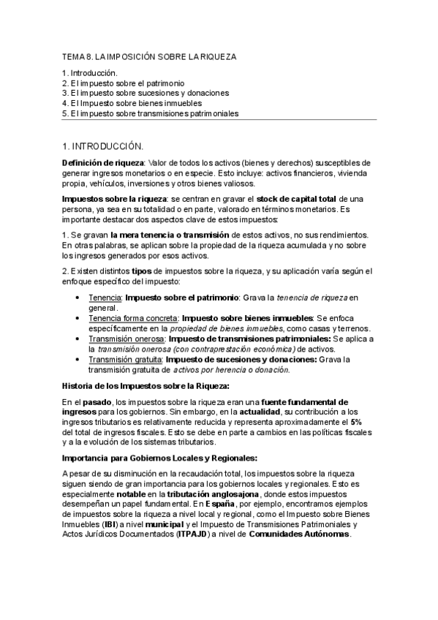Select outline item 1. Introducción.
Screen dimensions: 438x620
coord(90,74)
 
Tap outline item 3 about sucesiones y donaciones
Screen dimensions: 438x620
coord(146,94)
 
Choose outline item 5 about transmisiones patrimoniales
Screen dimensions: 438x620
coord(151,113)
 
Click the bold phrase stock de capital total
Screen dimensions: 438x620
coord(298,199)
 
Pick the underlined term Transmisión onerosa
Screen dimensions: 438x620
coord(127,339)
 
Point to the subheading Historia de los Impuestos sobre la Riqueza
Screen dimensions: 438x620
coord(146,385)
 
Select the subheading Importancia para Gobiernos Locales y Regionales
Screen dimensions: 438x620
coord(160,458)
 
